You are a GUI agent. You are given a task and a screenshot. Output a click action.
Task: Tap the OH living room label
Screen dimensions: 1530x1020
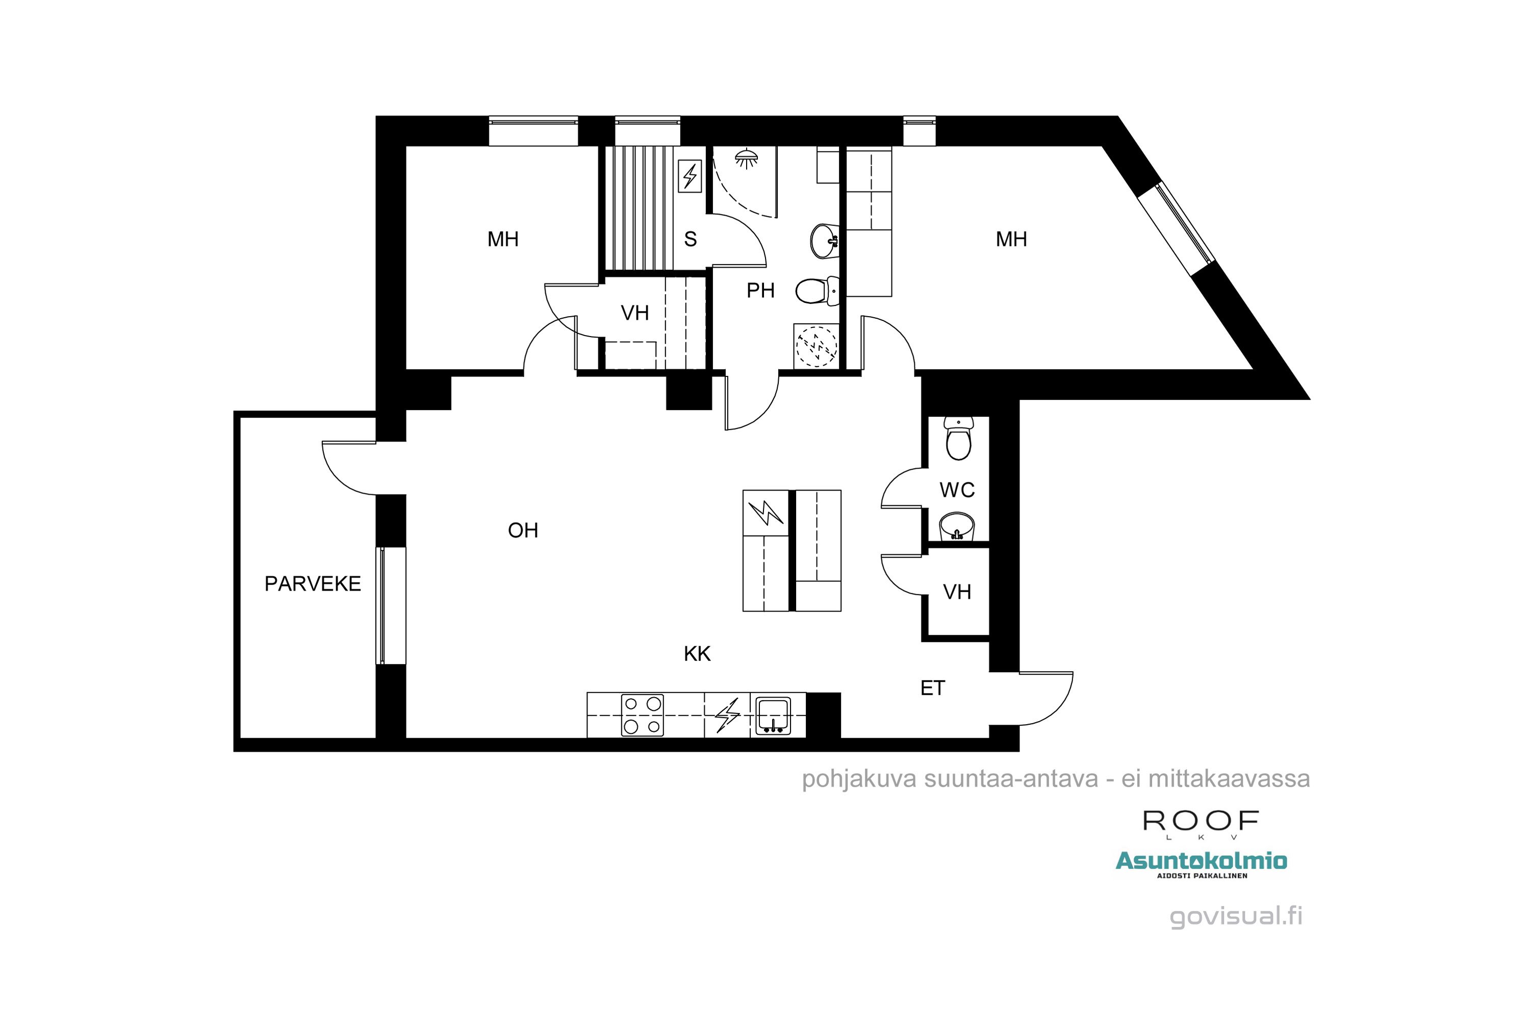pyautogui.click(x=523, y=530)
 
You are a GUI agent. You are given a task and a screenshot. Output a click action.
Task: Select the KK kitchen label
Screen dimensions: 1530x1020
pyautogui.click(x=697, y=654)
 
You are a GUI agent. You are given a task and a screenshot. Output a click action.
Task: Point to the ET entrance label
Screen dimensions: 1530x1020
pyautogui.click(x=932, y=688)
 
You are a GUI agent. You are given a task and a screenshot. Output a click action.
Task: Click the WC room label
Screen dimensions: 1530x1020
pyautogui.click(x=957, y=490)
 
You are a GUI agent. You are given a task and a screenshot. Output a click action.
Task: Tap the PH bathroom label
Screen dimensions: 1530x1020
pyautogui.click(x=760, y=290)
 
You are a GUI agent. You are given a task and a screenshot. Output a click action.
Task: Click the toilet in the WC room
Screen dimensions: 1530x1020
pyautogui.click(x=958, y=439)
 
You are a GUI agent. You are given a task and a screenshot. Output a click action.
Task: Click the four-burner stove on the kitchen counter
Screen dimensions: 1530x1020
pyautogui.click(x=642, y=716)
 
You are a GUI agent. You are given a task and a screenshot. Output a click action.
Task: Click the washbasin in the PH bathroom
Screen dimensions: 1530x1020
pyautogui.click(x=824, y=241)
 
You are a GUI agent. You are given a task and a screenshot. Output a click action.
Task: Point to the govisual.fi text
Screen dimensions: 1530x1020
pyautogui.click(x=1236, y=915)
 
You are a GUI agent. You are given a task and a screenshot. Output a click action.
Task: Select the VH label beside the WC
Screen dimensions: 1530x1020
pyautogui.click(x=957, y=592)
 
